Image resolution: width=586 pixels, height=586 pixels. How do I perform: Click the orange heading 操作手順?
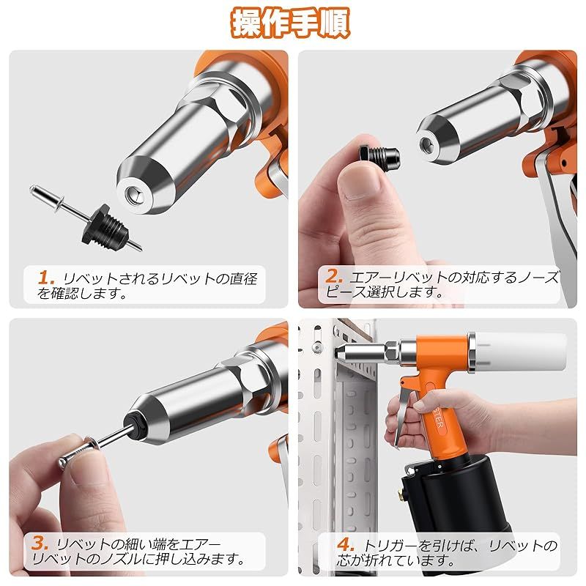tap(290, 23)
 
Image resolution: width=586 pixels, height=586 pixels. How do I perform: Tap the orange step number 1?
tap(45, 278)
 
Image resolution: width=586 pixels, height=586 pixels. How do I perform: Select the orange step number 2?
tap(333, 277)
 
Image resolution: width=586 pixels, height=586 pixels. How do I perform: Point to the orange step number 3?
tap(40, 543)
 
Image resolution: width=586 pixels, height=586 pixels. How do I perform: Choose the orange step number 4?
tap(345, 544)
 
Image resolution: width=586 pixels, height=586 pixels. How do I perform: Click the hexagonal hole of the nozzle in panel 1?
tap(133, 194)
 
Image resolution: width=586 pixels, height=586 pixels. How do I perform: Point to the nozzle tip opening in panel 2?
tap(426, 143)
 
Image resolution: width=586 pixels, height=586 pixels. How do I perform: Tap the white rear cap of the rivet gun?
tap(521, 352)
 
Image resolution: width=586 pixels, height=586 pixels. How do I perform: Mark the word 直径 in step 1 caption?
tap(243, 279)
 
